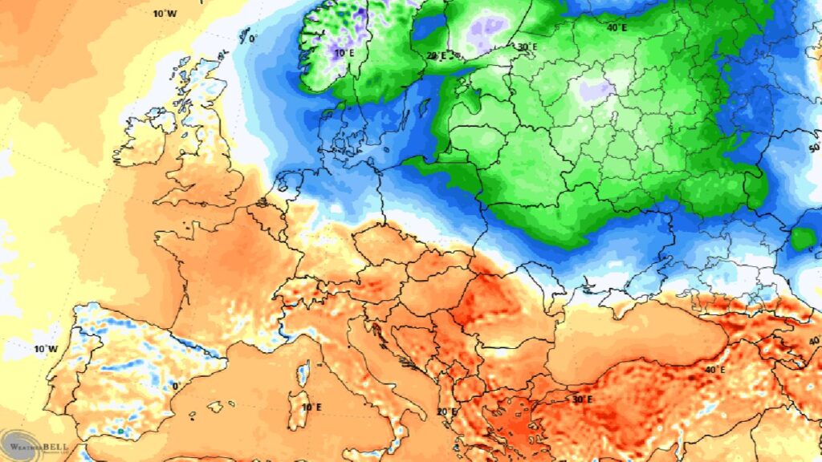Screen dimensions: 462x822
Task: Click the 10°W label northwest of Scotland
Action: [165, 13]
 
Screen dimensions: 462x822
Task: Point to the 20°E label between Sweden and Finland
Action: [437, 55]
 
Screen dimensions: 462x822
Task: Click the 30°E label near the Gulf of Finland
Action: [527, 47]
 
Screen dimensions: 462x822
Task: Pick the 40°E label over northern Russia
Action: [616, 27]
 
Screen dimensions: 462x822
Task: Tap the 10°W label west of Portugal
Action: [46, 349]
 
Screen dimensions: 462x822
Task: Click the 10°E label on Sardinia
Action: [311, 407]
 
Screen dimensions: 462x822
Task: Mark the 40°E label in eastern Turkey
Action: [714, 369]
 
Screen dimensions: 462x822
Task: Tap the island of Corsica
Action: [303, 374]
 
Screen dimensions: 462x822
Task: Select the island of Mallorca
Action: [215, 407]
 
